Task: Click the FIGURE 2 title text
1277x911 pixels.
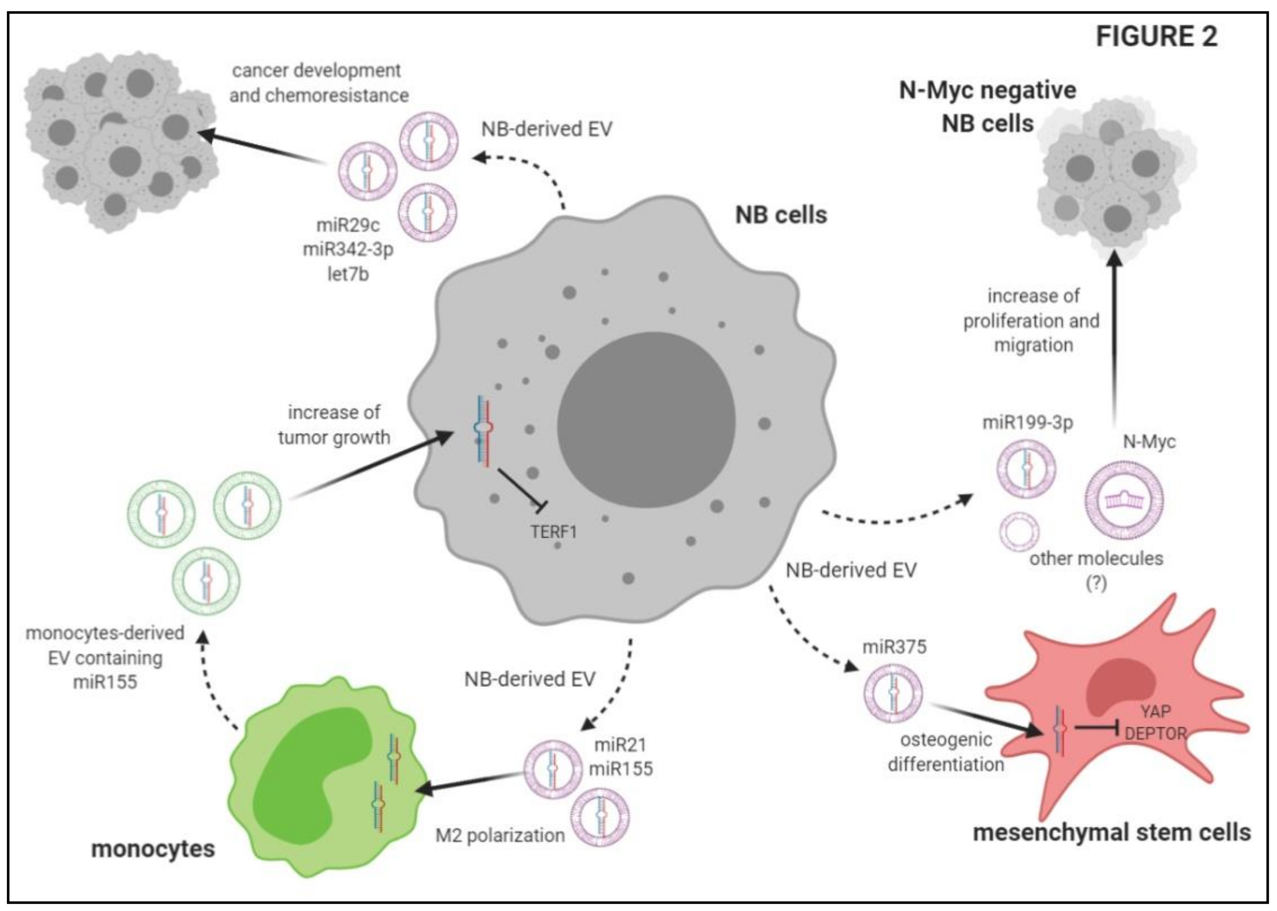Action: tap(1156, 37)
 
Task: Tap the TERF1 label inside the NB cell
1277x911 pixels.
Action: tap(553, 531)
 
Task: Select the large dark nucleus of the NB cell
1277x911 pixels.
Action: tap(646, 419)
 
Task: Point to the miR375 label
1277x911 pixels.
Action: tap(894, 647)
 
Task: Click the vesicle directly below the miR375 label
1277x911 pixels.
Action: tap(893, 693)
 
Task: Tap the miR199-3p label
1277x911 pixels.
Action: tap(1027, 422)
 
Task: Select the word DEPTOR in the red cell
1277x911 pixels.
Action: tap(1155, 733)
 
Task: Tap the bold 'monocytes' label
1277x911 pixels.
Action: tap(153, 849)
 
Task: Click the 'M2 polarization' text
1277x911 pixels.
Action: tap(500, 835)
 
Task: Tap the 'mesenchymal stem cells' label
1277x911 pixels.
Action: tap(1111, 832)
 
